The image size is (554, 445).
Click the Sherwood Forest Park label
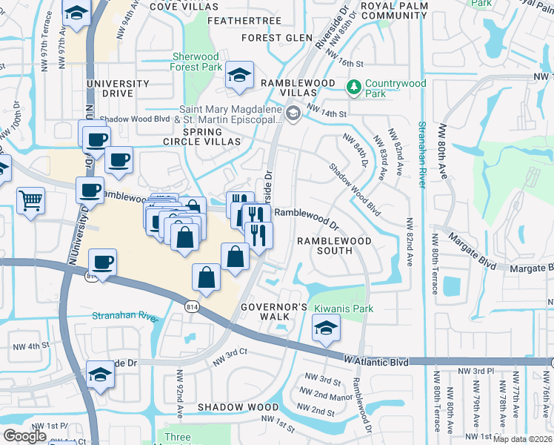click(196, 62)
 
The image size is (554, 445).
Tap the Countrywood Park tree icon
click(354, 88)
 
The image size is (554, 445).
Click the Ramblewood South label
click(324, 245)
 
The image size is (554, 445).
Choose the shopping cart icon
click(30, 200)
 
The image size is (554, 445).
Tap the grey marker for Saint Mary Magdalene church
click(293, 113)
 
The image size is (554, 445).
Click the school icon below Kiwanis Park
click(324, 328)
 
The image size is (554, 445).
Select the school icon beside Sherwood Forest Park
click(239, 75)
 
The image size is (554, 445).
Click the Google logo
click(24, 436)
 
